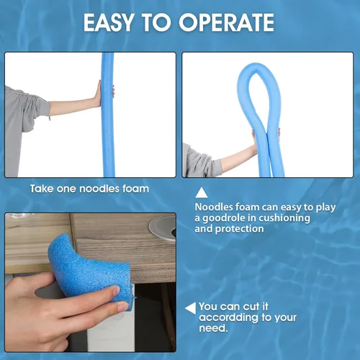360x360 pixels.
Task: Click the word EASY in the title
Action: pos(109,22)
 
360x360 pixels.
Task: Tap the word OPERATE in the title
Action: pos(226,22)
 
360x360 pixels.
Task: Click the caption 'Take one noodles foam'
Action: pos(89,189)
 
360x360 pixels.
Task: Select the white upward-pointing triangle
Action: pos(202,192)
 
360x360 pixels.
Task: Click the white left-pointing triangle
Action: pos(191,308)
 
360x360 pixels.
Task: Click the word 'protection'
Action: pos(240,229)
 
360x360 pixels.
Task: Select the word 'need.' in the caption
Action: pos(213,328)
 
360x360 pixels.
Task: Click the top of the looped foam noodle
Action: pos(256,66)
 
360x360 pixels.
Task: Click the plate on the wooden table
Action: pos(163,228)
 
